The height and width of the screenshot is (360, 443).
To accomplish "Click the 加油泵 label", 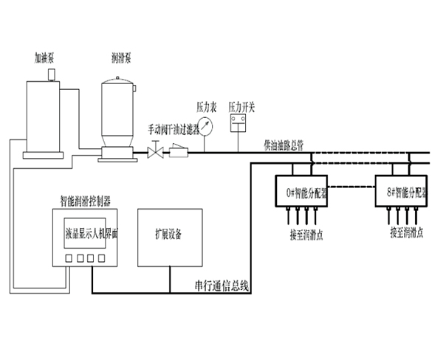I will [44, 55].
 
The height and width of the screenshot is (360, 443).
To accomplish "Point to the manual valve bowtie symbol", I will [157, 153].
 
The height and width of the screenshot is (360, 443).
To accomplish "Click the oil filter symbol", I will [179, 153].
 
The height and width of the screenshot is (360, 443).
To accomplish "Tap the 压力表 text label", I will [205, 106].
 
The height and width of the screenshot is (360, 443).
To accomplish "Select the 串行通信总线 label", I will [219, 285].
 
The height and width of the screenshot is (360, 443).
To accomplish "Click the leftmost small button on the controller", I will [67, 258].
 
